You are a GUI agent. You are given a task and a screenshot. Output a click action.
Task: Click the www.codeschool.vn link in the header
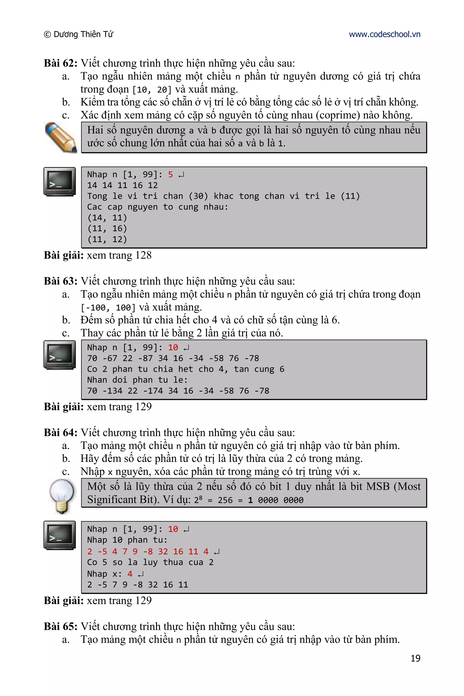coord(384,34)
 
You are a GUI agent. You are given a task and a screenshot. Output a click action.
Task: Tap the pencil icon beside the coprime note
coord(61,138)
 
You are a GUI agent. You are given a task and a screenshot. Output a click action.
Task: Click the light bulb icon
coord(62,496)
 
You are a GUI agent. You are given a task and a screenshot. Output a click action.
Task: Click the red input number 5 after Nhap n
coord(170,175)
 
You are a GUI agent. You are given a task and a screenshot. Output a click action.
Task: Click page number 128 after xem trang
coord(143,255)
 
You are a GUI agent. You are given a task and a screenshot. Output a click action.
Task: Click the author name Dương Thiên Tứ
coord(83,34)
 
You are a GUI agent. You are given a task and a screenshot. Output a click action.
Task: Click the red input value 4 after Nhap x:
coord(130,574)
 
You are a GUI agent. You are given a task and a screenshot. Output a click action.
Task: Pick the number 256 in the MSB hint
coord(225,500)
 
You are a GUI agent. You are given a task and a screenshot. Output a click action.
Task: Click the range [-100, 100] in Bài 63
coord(108,308)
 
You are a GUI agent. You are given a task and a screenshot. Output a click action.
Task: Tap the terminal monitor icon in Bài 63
coord(60,355)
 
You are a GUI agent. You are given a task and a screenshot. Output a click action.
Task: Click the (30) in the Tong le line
coord(198,196)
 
